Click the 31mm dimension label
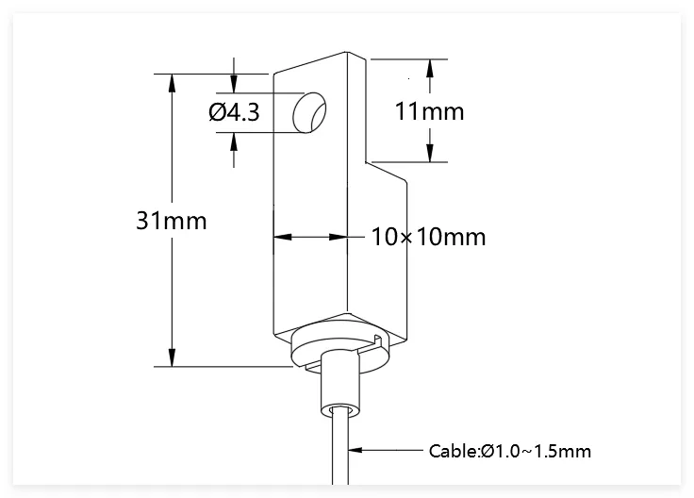coord(172,221)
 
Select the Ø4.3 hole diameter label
coord(234,112)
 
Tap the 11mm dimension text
coord(429,111)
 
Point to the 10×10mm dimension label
coord(428,237)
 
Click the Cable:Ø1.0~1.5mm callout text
coord(510,451)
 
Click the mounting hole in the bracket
coord(309,112)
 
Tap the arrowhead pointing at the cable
coord(355,450)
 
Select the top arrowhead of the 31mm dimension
coord(173,83)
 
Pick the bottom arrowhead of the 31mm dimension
coord(173,357)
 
